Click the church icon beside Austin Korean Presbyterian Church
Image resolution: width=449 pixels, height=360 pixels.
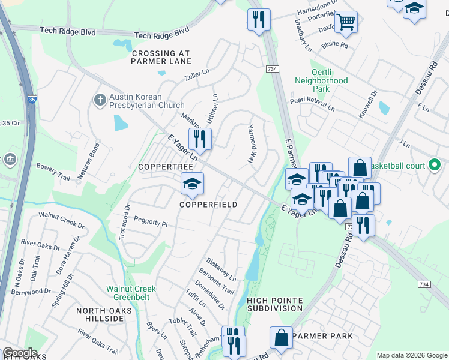pos(99,100)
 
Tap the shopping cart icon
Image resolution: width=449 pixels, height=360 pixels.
pos(345,23)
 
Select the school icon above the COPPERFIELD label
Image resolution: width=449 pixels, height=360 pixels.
pos(193,184)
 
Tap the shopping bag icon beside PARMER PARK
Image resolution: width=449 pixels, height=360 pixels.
pos(281,338)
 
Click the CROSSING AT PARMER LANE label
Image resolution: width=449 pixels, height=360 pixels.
pos(161,57)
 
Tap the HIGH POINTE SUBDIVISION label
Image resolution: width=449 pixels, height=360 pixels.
pos(274,304)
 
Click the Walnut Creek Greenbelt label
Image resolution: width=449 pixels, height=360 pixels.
pos(131,292)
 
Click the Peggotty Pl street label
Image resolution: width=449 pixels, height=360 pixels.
pos(151,222)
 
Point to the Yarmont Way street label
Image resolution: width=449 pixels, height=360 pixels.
pos(252,144)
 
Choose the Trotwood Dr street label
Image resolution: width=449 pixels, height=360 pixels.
pos(125,222)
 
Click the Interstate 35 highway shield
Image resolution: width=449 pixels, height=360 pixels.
pos(31,100)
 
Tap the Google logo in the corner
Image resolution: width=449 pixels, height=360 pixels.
pos(19,353)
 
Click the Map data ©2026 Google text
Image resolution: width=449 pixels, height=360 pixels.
pos(412,355)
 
